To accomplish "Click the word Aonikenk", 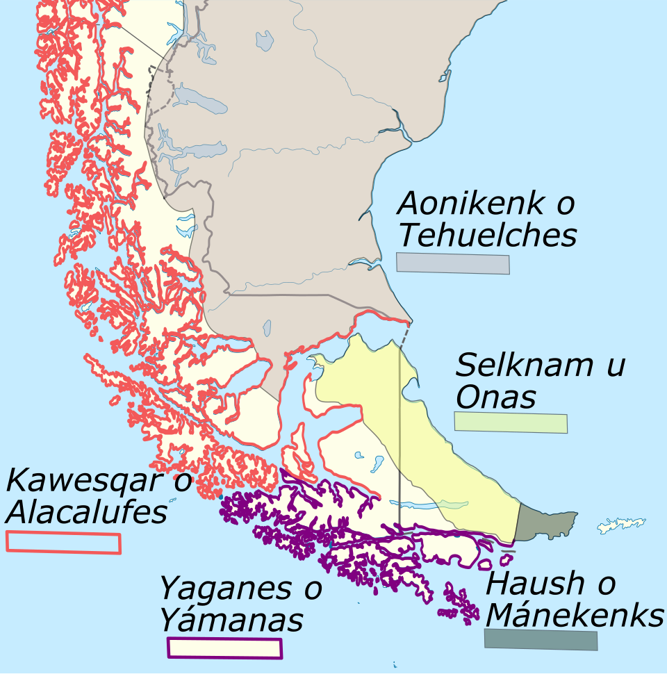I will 470,204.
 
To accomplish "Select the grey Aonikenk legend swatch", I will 453,264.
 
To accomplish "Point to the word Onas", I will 496,397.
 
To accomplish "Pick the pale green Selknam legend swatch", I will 511,423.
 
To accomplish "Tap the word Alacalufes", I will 87,513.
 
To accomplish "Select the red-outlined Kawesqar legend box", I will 63,543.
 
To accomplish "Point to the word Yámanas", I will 231,620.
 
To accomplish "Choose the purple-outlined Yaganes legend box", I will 224,648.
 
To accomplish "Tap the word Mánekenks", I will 575,615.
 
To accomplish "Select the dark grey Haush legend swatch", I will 541,639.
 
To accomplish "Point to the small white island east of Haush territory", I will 620,525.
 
